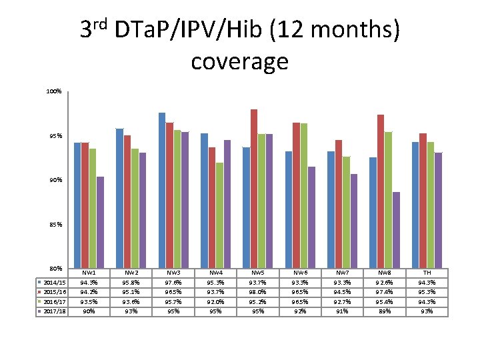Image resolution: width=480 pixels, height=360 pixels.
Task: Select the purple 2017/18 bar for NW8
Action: pos(396,230)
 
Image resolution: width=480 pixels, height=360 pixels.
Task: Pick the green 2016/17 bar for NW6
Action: pos(304,196)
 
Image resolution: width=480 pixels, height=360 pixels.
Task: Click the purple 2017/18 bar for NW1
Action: pos(100,223)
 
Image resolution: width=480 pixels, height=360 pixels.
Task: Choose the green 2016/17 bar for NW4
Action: pos(219,215)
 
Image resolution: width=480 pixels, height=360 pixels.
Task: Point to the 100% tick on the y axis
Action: pos(54,91)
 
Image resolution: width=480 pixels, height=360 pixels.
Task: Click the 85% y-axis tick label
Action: pos(54,225)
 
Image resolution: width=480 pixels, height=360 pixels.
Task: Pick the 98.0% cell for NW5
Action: pos(259,292)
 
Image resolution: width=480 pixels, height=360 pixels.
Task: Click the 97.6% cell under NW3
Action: pos(174,283)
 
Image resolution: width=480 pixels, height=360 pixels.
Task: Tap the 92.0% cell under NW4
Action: pos(217,302)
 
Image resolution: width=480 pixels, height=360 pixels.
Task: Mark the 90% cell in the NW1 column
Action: pos(89,311)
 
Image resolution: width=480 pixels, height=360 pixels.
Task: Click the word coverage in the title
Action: pos(239,61)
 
